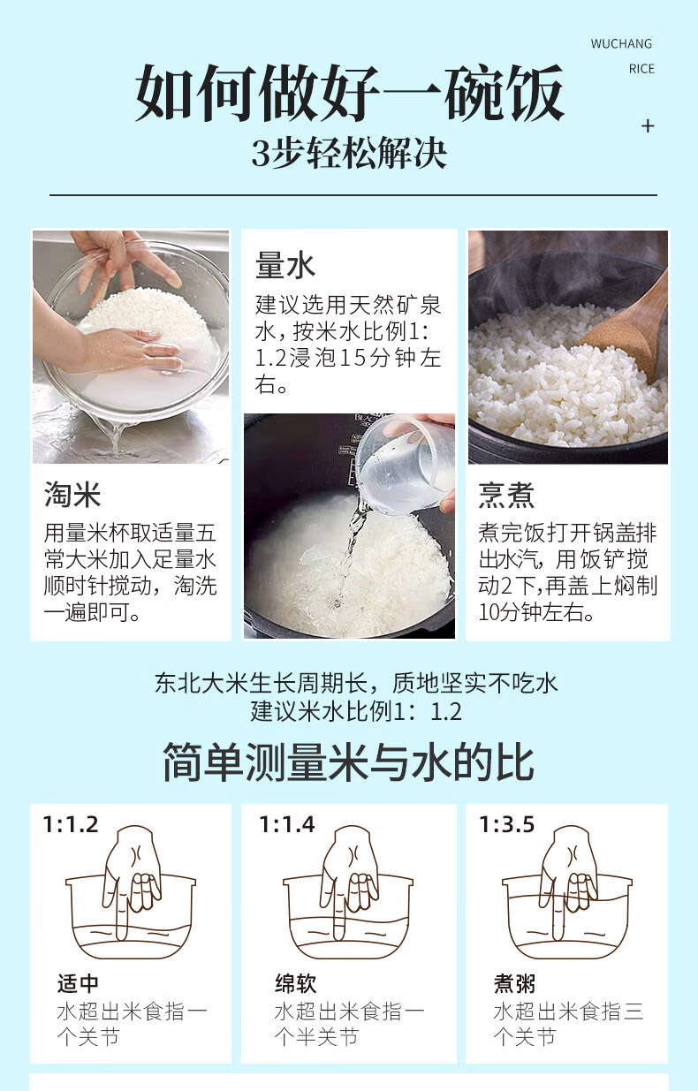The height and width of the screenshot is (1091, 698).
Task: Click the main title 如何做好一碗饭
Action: (x=349, y=93)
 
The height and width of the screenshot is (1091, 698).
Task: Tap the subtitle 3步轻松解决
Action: (x=349, y=154)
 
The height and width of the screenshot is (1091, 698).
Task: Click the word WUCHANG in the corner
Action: (x=621, y=44)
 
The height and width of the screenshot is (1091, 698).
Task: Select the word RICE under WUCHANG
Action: (x=641, y=69)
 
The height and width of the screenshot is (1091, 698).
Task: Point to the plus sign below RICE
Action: (x=648, y=126)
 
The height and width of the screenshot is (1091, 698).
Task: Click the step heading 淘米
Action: (x=72, y=495)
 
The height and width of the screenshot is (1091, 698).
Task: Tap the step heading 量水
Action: (x=285, y=265)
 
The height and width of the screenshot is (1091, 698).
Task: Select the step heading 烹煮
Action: (x=506, y=495)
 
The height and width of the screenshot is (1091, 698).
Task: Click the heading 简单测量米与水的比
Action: (x=349, y=762)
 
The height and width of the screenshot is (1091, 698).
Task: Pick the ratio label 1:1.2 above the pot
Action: (x=71, y=824)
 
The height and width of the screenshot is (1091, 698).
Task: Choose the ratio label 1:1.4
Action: (x=287, y=824)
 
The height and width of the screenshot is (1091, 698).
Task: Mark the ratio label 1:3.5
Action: (x=507, y=824)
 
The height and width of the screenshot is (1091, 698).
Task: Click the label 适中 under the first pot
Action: (x=78, y=983)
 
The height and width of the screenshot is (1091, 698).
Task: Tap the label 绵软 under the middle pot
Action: (x=296, y=983)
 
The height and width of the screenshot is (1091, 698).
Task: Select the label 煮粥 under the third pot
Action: (x=515, y=983)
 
